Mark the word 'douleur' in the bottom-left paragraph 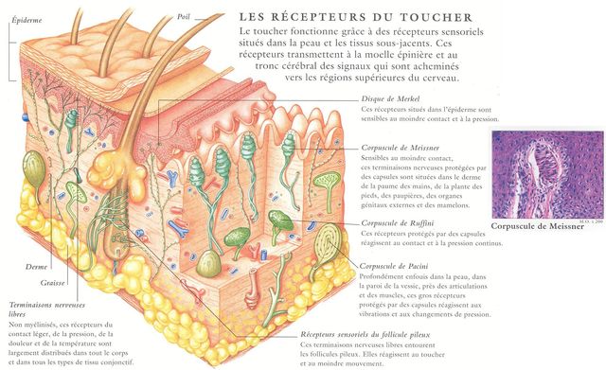tap(22, 343)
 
